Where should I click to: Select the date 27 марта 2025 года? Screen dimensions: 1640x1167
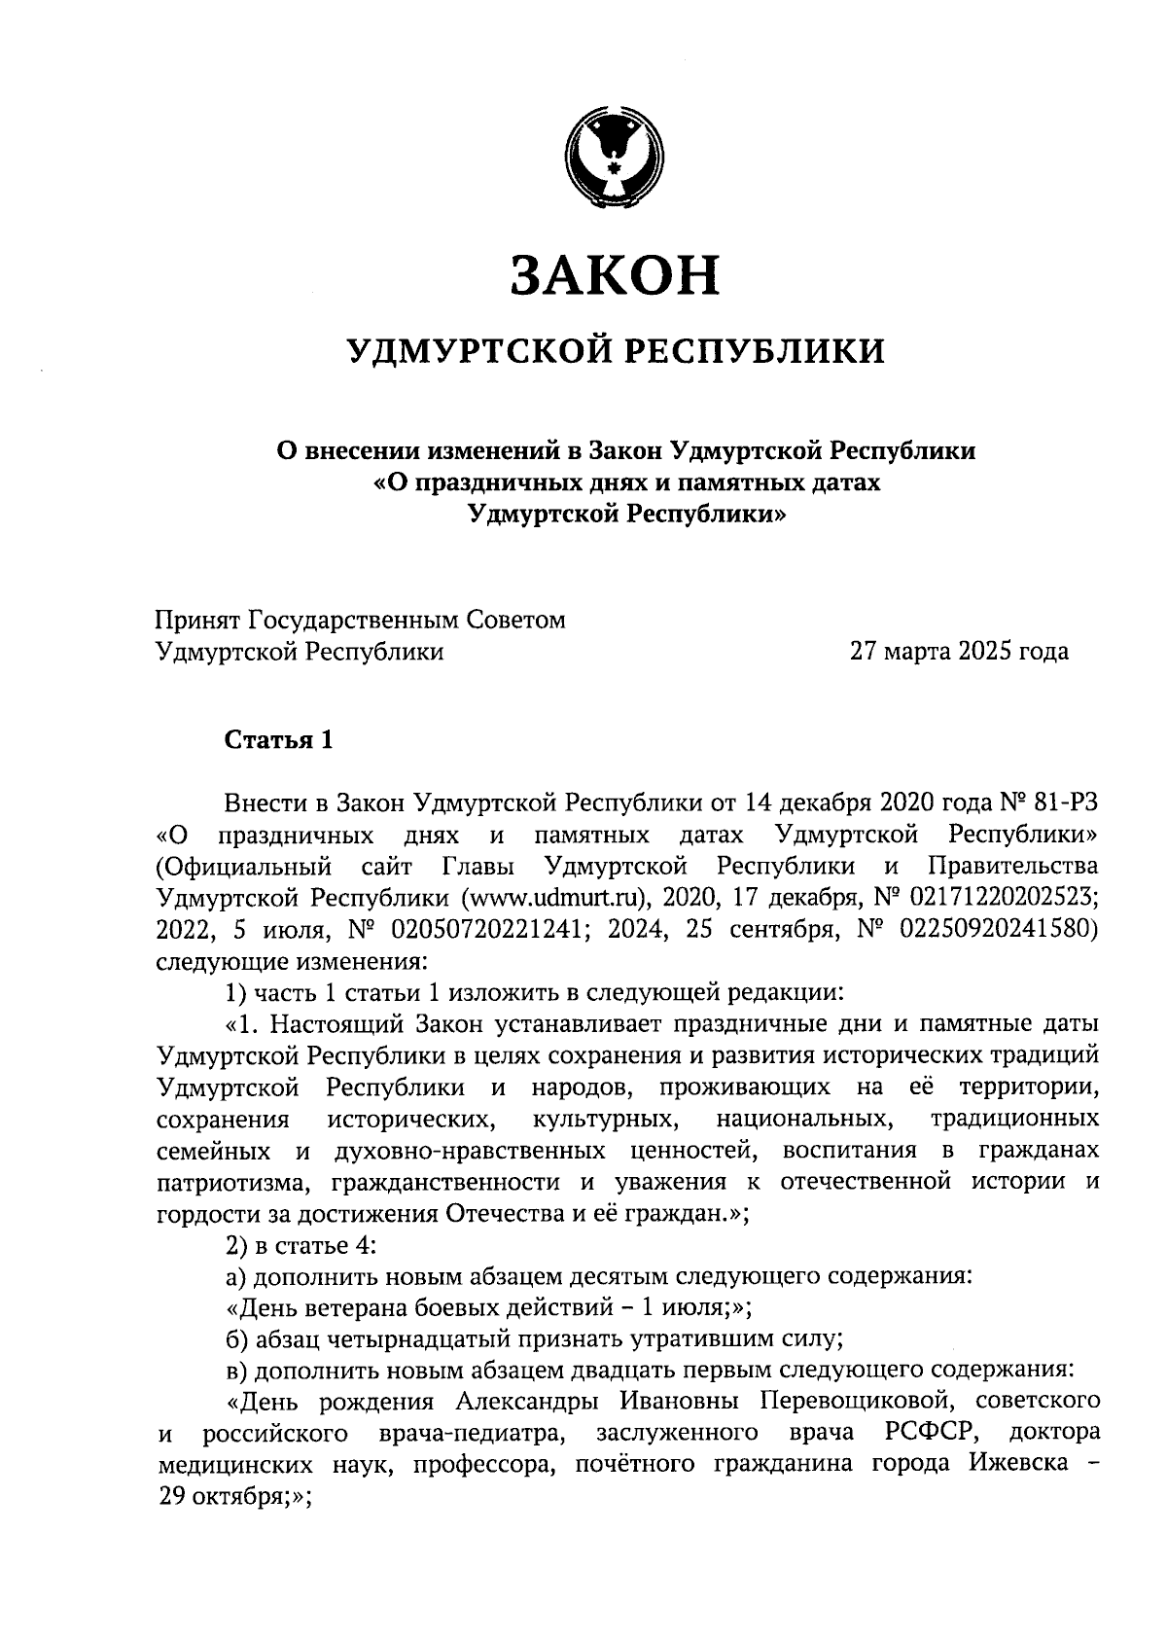[x=959, y=652]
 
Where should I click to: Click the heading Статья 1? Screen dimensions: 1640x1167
[x=279, y=740]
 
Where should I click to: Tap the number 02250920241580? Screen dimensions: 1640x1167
[x=997, y=929]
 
